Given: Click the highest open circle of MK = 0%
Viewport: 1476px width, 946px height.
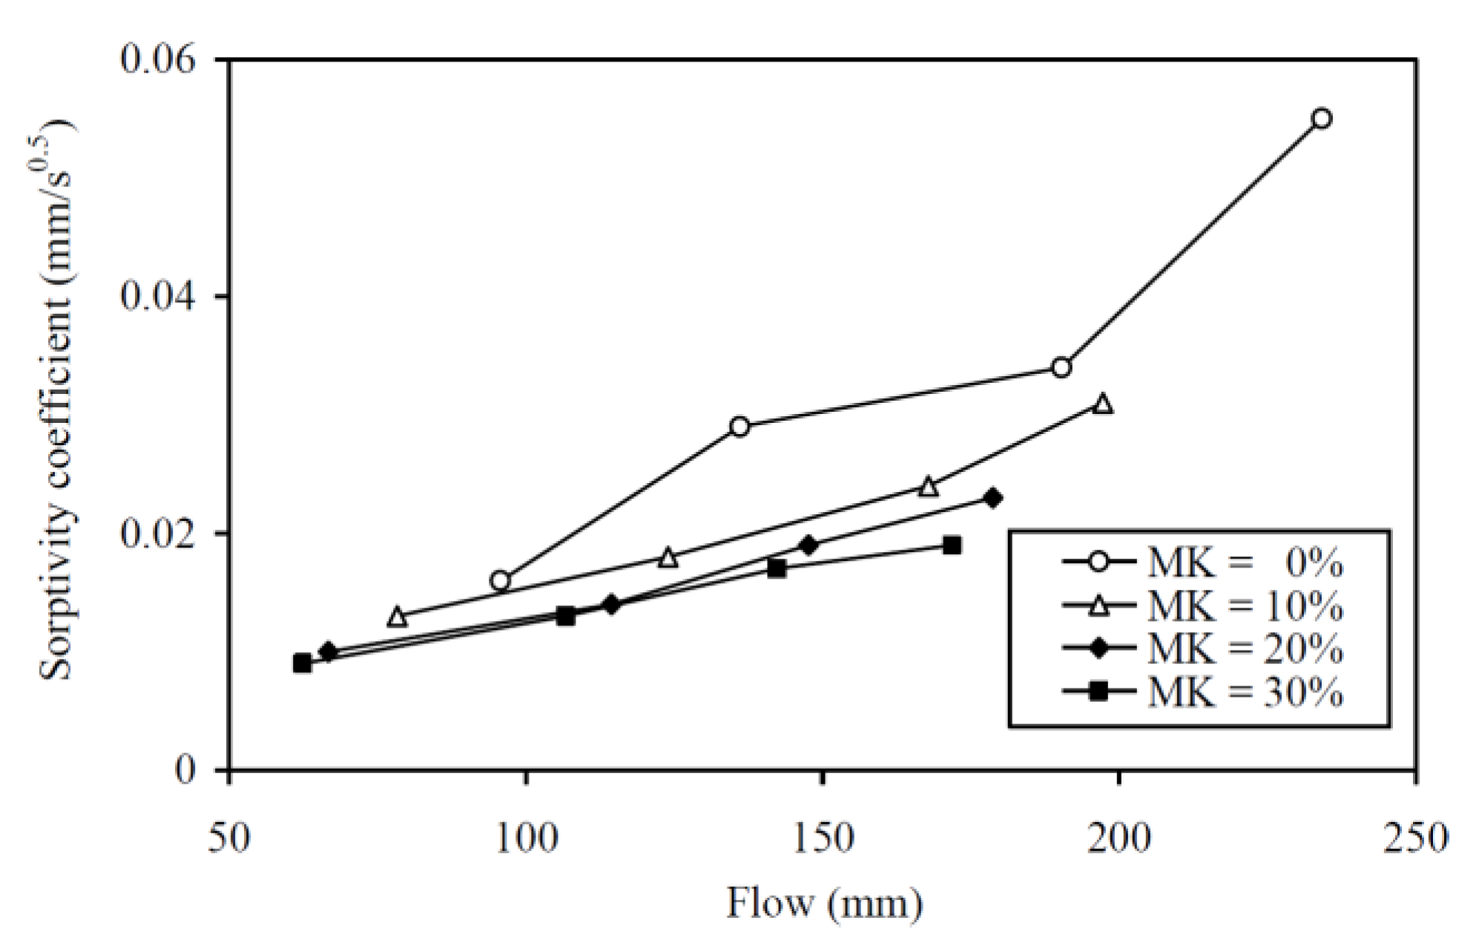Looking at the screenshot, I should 1321,119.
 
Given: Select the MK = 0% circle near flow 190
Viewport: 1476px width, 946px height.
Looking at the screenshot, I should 1061,367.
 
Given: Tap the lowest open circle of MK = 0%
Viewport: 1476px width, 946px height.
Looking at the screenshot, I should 500,580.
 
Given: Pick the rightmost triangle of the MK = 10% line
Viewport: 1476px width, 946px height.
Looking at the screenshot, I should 1103,404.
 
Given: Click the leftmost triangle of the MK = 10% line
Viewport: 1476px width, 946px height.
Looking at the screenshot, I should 398,617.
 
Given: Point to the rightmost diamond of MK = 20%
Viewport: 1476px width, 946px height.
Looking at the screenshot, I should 993,498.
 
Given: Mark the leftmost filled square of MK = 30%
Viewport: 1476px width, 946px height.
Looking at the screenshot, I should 302,663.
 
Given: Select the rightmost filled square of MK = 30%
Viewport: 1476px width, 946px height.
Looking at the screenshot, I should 952,546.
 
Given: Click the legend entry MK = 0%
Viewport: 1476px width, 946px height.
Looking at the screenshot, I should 1202,564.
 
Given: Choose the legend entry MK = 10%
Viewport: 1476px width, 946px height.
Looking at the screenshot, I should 1202,607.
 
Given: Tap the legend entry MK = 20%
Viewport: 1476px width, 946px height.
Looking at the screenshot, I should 1202,649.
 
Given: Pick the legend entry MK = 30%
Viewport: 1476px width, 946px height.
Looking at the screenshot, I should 1202,692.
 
